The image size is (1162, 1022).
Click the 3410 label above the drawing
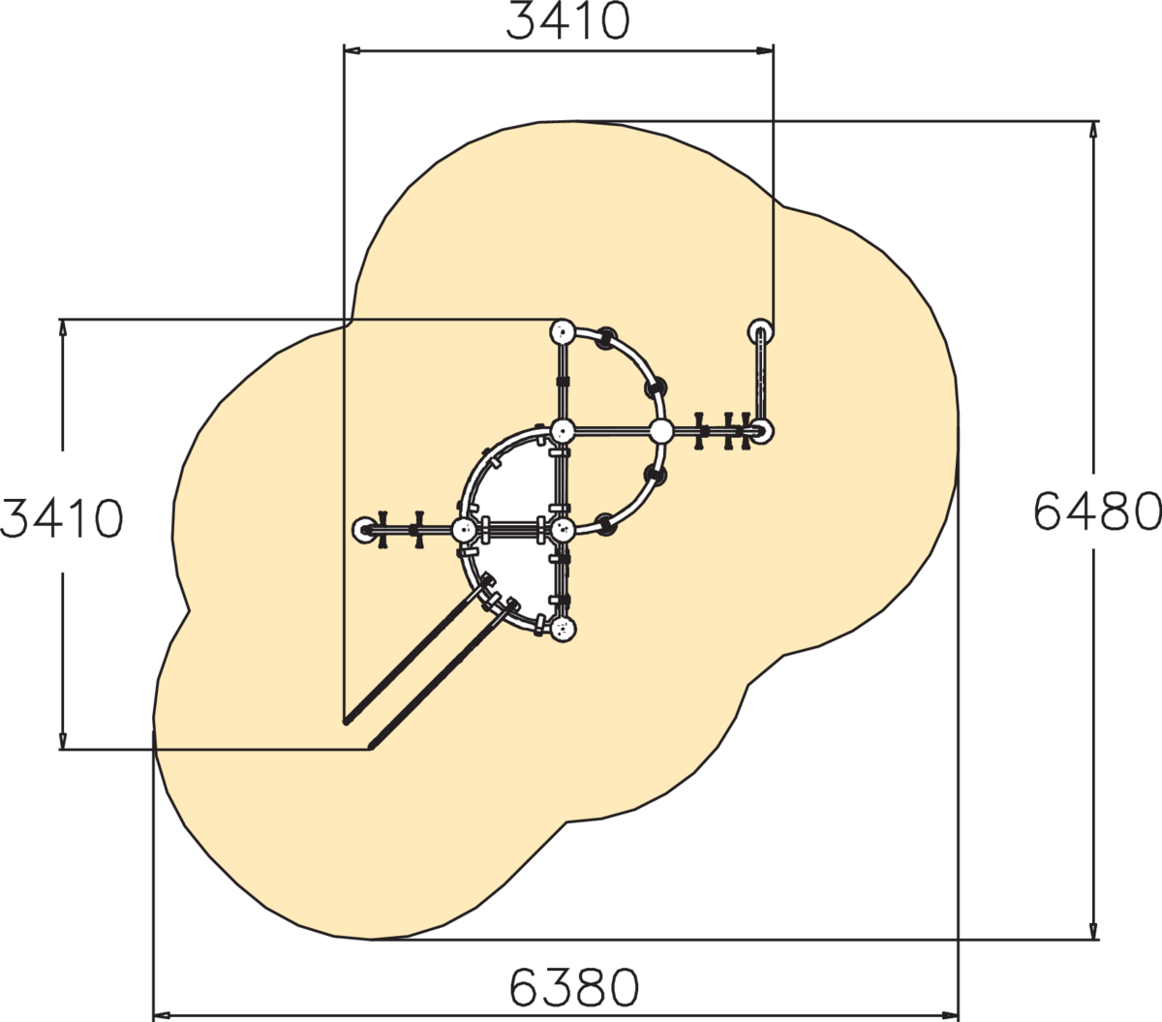pyautogui.click(x=567, y=21)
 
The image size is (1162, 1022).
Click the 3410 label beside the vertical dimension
pyautogui.click(x=61, y=518)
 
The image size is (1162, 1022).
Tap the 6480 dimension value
pyautogui.click(x=1097, y=511)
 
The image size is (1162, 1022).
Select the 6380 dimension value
pyautogui.click(x=573, y=987)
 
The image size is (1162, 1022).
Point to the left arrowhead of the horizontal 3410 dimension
pyautogui.click(x=352, y=51)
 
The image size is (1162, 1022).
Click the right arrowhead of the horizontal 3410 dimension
pyautogui.click(x=765, y=51)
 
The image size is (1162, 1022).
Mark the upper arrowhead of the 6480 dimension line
pyautogui.click(x=1093, y=130)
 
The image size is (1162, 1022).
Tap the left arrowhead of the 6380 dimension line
pyautogui.click(x=162, y=1015)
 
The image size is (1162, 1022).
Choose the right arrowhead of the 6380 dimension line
pyautogui.click(x=950, y=1015)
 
